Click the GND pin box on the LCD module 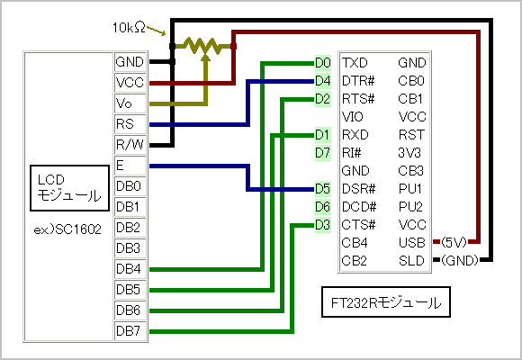pos(130,62)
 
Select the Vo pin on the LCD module pos(130,103)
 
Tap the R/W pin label pos(130,145)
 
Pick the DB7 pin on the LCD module pos(130,330)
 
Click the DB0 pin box pos(130,185)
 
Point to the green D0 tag pos(322,63)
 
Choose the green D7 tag pos(322,153)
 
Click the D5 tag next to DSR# pos(322,189)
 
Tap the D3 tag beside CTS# pos(322,225)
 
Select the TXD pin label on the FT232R pos(355,63)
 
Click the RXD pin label pos(355,135)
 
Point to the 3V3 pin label pos(409,153)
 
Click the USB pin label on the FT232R pos(412,243)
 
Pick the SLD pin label pos(411,261)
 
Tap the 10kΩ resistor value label pos(129,28)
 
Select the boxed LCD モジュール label pos(69,188)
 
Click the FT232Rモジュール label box pos(386,302)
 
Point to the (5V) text pos(454,242)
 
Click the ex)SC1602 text pos(67,229)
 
